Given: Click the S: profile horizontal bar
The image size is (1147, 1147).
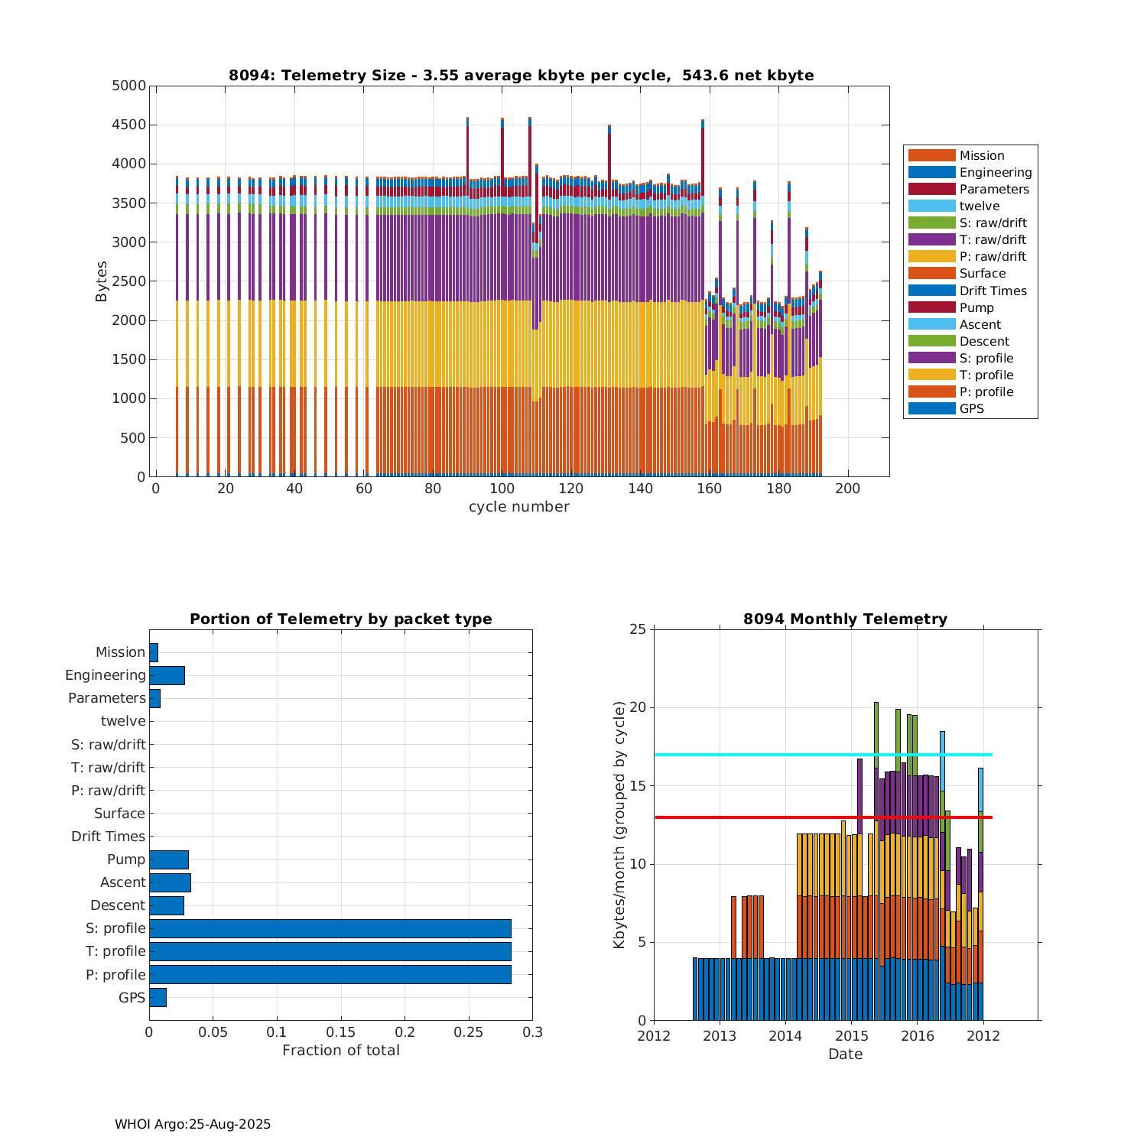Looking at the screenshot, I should (330, 928).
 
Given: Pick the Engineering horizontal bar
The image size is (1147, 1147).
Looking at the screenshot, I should (167, 675).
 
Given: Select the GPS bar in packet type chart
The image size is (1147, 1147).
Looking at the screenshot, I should (158, 997).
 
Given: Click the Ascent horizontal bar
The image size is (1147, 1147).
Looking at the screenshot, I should (170, 882).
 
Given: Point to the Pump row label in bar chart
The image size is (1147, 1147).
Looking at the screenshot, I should (126, 859).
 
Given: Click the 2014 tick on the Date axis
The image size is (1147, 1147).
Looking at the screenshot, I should (785, 1036).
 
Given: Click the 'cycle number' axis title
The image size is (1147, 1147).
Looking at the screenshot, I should (518, 507).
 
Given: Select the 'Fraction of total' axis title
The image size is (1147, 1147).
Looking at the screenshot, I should (341, 1051).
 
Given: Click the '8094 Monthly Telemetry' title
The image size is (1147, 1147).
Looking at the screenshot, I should (845, 619).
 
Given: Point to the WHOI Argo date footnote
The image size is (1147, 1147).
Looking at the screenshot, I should (193, 1124).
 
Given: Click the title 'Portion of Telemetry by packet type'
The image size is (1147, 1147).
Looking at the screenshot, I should (341, 619).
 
